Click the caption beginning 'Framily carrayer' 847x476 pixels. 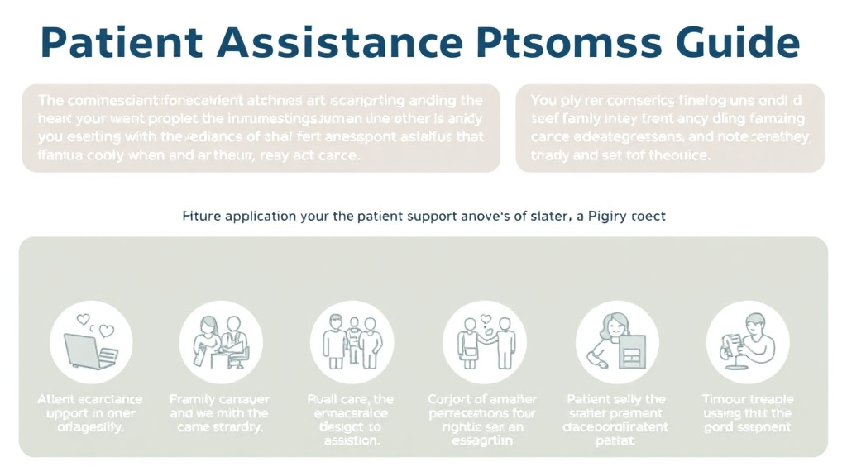[220, 412]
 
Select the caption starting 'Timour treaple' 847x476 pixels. [748, 412]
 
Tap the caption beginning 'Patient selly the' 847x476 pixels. [617, 420]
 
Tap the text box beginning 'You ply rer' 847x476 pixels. [670, 127]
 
